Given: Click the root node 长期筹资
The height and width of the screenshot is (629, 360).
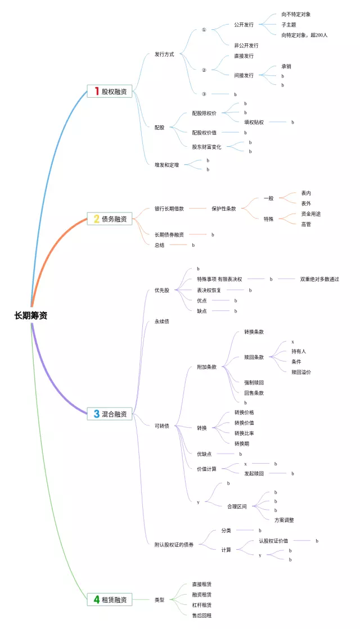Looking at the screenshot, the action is (31, 315).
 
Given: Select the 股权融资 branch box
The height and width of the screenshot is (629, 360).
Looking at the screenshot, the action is (110, 91).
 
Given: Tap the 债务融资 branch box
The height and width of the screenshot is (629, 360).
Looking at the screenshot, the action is (110, 219).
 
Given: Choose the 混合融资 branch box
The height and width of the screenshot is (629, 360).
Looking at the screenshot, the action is (110, 414).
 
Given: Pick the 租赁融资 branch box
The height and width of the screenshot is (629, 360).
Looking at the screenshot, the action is (110, 600).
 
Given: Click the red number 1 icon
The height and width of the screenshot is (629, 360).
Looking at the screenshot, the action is (97, 91).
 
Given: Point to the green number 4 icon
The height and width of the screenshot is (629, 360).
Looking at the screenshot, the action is (97, 600).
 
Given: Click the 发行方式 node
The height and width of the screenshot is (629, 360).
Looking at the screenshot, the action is (164, 55).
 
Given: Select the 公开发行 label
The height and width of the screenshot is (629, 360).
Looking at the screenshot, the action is (244, 25).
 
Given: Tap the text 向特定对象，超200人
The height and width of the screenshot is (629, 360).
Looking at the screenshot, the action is (304, 35).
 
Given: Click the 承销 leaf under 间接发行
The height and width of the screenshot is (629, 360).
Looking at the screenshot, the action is (286, 66).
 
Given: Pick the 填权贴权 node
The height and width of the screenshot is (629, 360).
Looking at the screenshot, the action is (254, 122).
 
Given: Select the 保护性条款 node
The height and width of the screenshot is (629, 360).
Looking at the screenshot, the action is (224, 209).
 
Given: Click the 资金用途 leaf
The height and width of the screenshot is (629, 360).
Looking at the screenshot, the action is (311, 214).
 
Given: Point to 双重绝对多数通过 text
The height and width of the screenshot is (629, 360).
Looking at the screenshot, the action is (319, 279).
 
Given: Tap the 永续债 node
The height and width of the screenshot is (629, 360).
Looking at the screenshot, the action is (162, 322).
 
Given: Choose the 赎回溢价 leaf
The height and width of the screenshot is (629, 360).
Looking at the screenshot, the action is (301, 372).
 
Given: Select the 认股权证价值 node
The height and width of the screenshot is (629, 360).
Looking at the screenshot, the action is (273, 541).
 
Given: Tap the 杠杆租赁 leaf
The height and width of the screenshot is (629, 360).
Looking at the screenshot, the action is (201, 605).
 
